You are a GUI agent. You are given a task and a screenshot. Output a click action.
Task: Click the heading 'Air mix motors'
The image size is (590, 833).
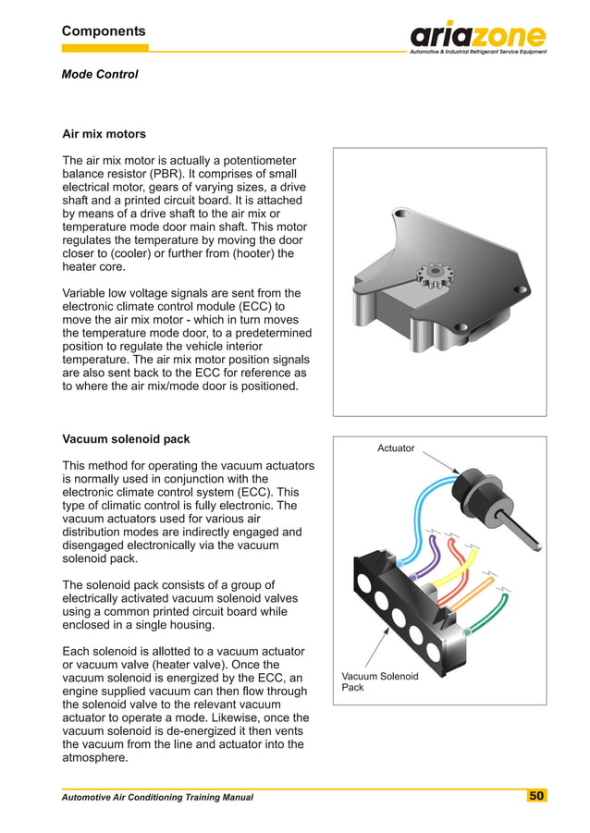[x=104, y=134]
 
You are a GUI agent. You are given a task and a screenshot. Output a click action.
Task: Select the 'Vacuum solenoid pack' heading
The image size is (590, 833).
[x=125, y=438]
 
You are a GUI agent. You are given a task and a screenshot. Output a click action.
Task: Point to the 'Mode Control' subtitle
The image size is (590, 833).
[x=100, y=74]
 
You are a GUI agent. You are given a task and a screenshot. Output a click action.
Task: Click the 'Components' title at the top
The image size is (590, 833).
[x=104, y=31]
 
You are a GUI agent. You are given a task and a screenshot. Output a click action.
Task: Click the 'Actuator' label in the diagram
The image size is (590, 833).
[x=396, y=448]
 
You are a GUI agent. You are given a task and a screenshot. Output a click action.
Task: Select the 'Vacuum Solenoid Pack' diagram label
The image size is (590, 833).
[x=379, y=681]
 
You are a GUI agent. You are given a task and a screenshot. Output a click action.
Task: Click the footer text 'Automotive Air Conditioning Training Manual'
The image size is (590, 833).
[x=157, y=797]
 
